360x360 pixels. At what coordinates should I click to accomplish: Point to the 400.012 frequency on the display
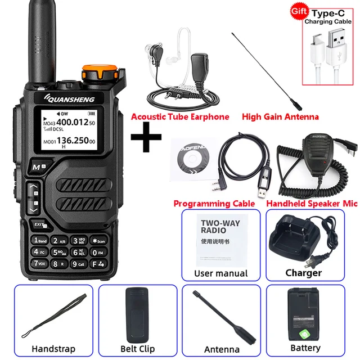point(71,121)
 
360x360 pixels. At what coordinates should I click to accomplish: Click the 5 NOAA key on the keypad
point(59,252)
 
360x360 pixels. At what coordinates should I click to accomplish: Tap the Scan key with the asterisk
point(97,241)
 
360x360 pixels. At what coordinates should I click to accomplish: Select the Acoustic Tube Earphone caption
point(180,117)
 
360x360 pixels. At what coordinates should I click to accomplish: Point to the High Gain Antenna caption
point(280,117)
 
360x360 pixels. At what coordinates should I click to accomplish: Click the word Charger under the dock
point(303,273)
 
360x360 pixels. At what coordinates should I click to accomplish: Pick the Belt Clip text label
point(138,349)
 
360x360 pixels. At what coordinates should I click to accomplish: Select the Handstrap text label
point(53,349)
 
